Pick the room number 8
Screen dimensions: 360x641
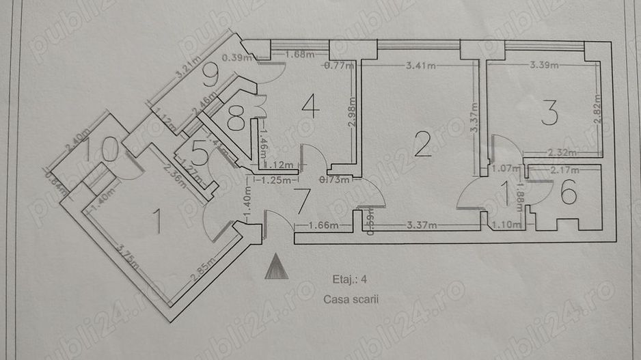coord(236,122)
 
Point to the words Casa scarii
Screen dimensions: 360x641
coord(351,299)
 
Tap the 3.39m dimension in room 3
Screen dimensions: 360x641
coord(545,66)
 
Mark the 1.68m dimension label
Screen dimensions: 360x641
coord(295,54)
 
